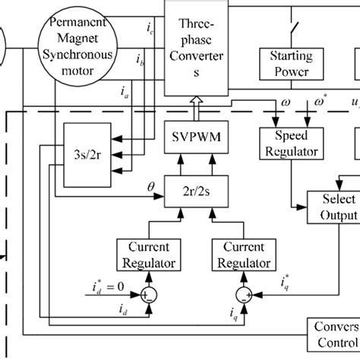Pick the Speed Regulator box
(287, 141)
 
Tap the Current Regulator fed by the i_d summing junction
(148, 256)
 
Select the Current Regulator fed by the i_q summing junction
(242, 256)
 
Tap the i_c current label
(150, 31)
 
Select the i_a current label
(125, 93)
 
